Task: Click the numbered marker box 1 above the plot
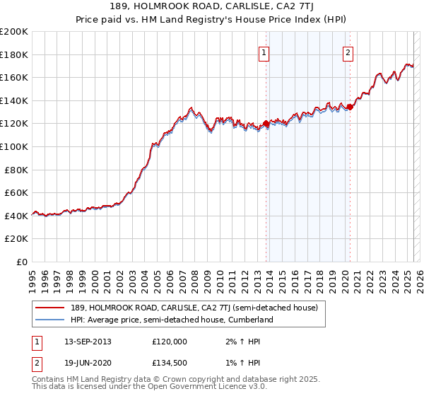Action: tap(264, 52)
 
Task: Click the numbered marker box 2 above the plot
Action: tap(348, 52)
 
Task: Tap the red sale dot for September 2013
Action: tap(266, 124)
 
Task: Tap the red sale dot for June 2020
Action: tap(350, 107)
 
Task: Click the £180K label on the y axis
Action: tap(13, 54)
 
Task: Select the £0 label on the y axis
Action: tap(20, 262)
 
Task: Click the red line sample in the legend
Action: tap(49, 308)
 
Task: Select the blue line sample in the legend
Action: tap(49, 320)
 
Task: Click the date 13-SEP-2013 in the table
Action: tap(88, 341)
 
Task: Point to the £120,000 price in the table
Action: tap(170, 341)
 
